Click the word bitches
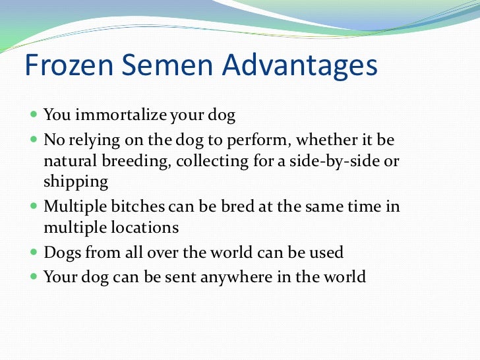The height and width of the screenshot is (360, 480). click(x=128, y=206)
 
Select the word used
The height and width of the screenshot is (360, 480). click(x=326, y=253)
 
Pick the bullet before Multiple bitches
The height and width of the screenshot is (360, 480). click(x=34, y=207)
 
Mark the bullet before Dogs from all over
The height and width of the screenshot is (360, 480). click(x=34, y=253)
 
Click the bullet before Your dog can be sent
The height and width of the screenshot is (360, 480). click(x=34, y=276)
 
